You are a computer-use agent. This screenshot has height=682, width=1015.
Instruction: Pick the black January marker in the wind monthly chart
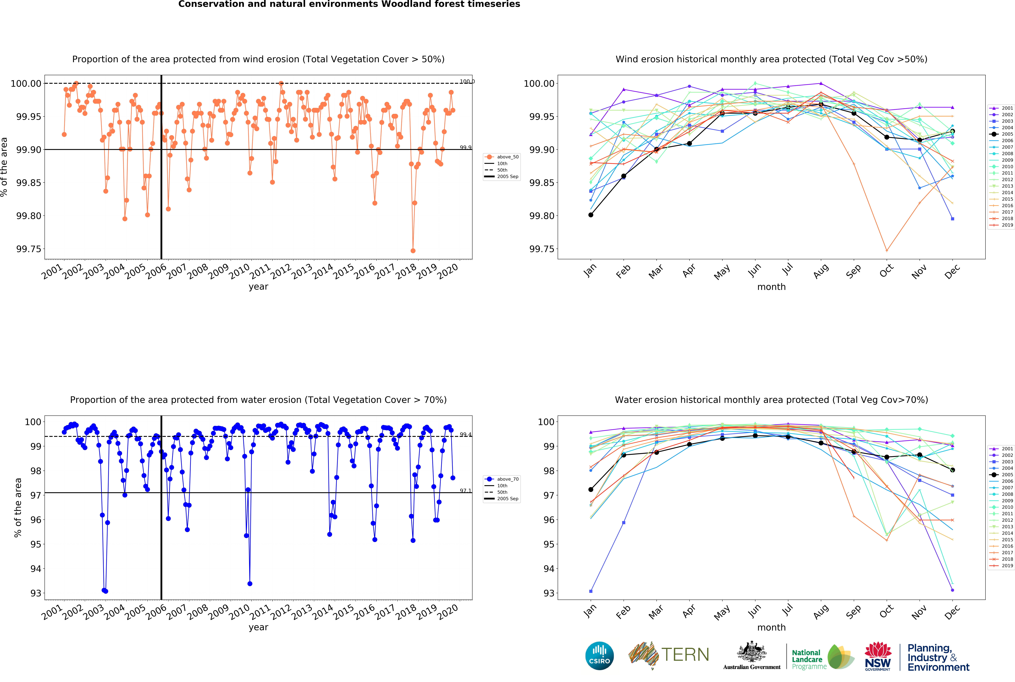(591, 215)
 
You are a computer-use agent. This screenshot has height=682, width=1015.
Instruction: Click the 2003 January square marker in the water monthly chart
(591, 591)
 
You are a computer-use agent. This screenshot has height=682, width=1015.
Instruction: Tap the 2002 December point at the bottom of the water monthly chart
(952, 590)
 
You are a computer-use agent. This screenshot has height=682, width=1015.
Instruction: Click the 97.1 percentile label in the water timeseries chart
(465, 491)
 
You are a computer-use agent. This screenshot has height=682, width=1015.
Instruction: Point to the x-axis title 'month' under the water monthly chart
(771, 627)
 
